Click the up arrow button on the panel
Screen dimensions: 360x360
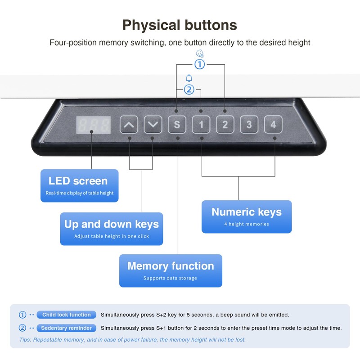[129, 125]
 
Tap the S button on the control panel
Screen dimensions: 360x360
[177, 125]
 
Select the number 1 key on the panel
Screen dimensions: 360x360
[201, 125]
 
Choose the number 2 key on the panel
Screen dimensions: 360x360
[225, 125]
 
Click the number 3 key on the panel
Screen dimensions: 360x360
[249, 125]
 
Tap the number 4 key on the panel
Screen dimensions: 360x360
[273, 125]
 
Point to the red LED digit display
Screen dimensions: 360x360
[93, 124]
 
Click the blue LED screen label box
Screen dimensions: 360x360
[79, 185]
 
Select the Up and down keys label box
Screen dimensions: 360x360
[112, 229]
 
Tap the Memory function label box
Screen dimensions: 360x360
[171, 270]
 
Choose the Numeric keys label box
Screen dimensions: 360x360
[247, 216]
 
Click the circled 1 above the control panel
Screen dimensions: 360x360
[199, 64]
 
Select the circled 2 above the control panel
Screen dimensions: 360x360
[189, 90]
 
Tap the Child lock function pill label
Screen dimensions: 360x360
[67, 315]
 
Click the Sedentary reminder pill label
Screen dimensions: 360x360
[67, 328]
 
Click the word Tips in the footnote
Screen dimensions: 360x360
[26, 340]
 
